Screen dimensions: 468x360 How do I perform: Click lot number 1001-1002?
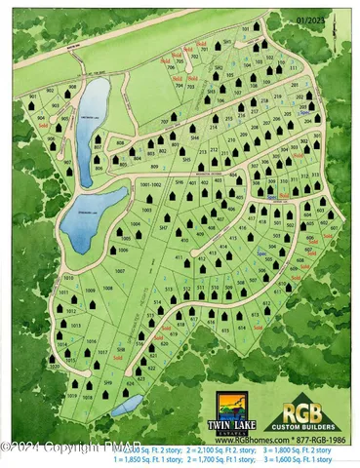[x=150, y=183]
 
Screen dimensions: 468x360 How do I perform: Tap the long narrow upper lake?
[x=95, y=108]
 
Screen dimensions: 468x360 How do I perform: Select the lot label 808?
[x=120, y=145]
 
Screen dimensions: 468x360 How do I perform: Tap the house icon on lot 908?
[x=70, y=96]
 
